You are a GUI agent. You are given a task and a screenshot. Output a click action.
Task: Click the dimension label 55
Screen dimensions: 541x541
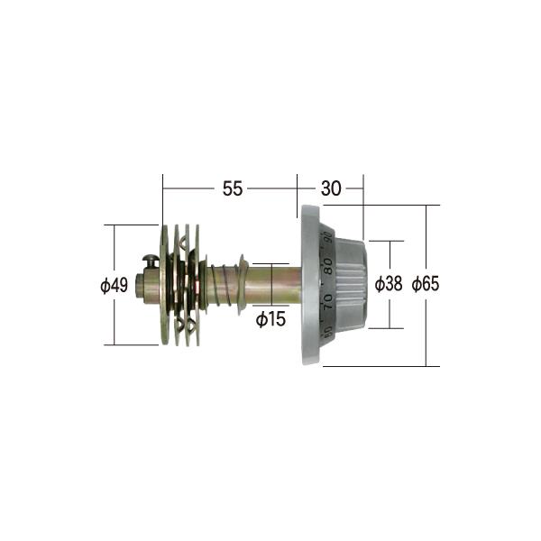pyautogui.click(x=233, y=188)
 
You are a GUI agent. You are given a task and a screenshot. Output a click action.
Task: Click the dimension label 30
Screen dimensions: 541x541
pyautogui.click(x=331, y=188)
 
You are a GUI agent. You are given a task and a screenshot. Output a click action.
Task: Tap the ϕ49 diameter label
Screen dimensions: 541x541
pyautogui.click(x=115, y=285)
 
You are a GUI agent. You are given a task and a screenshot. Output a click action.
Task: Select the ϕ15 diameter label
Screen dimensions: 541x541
pyautogui.click(x=270, y=319)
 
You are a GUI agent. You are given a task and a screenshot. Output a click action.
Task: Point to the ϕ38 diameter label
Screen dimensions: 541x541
pyautogui.click(x=389, y=284)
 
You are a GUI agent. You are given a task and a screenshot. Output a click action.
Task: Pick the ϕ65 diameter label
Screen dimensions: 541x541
pyautogui.click(x=426, y=284)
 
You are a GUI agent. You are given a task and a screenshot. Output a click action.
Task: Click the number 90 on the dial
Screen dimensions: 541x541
pyautogui.click(x=329, y=237)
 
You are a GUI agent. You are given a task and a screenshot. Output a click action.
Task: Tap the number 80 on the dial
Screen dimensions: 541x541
pyautogui.click(x=329, y=266)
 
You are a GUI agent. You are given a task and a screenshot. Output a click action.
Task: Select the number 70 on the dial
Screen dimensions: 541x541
pyautogui.click(x=328, y=301)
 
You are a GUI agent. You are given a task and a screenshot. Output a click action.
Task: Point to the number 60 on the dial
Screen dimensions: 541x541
pyautogui.click(x=328, y=332)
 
